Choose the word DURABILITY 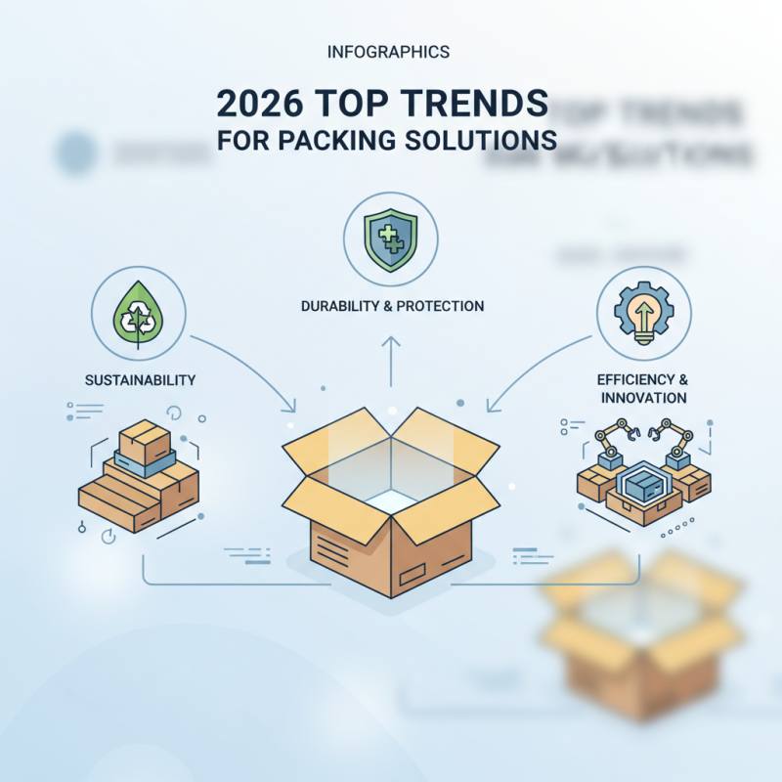pos(340,307)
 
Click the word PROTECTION pos(443,307)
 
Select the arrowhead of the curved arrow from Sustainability pos(291,408)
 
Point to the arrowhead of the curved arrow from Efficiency pos(491,408)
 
